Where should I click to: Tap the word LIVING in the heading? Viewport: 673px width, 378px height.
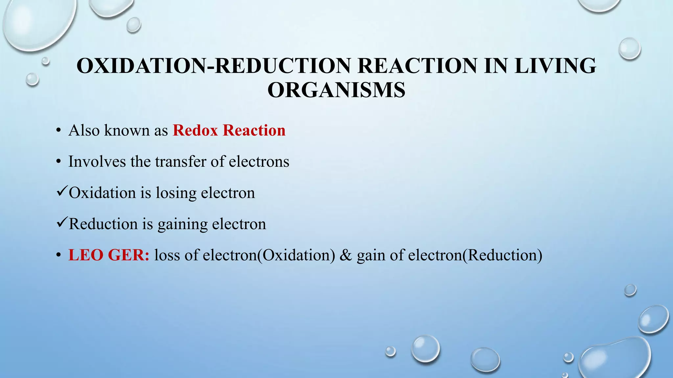click(555, 66)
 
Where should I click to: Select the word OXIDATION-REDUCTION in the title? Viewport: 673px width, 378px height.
click(214, 66)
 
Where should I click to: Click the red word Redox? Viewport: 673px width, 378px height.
click(195, 130)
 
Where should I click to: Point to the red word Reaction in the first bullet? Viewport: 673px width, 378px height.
click(254, 130)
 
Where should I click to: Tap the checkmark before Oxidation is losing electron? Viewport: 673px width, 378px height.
click(62, 191)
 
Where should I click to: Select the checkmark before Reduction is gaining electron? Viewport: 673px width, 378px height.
click(62, 222)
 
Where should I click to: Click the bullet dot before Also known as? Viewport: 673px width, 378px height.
click(58, 131)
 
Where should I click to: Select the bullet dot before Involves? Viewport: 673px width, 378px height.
click(58, 162)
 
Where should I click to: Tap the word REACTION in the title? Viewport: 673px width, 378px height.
click(417, 66)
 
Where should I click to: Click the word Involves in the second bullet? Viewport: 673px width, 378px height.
click(97, 161)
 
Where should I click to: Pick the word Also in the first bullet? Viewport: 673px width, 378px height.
click(84, 130)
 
